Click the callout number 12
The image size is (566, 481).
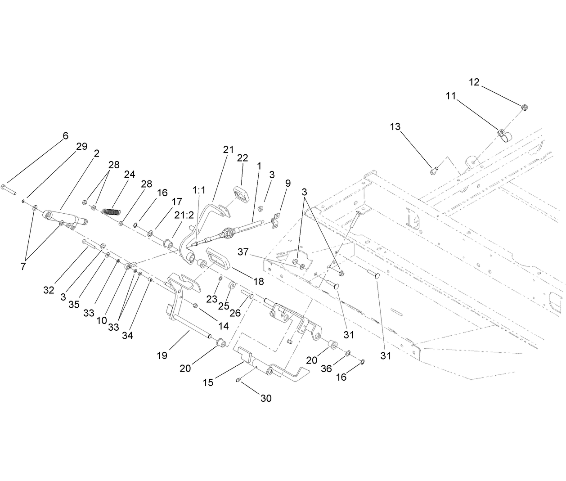(x=474, y=82)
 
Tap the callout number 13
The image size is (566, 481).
(x=395, y=127)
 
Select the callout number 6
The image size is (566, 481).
(x=65, y=136)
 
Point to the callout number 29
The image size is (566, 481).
(x=81, y=147)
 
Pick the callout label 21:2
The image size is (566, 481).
(x=184, y=215)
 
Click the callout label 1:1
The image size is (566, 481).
(x=198, y=190)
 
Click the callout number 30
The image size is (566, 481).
(x=266, y=399)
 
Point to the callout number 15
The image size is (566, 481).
(x=208, y=382)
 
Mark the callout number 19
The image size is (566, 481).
(x=162, y=355)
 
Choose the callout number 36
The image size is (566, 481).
(x=326, y=369)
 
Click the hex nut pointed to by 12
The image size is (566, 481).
(x=524, y=107)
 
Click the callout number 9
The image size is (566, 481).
(x=287, y=183)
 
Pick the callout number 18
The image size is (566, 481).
(x=258, y=282)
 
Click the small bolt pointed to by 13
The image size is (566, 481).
(x=433, y=170)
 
